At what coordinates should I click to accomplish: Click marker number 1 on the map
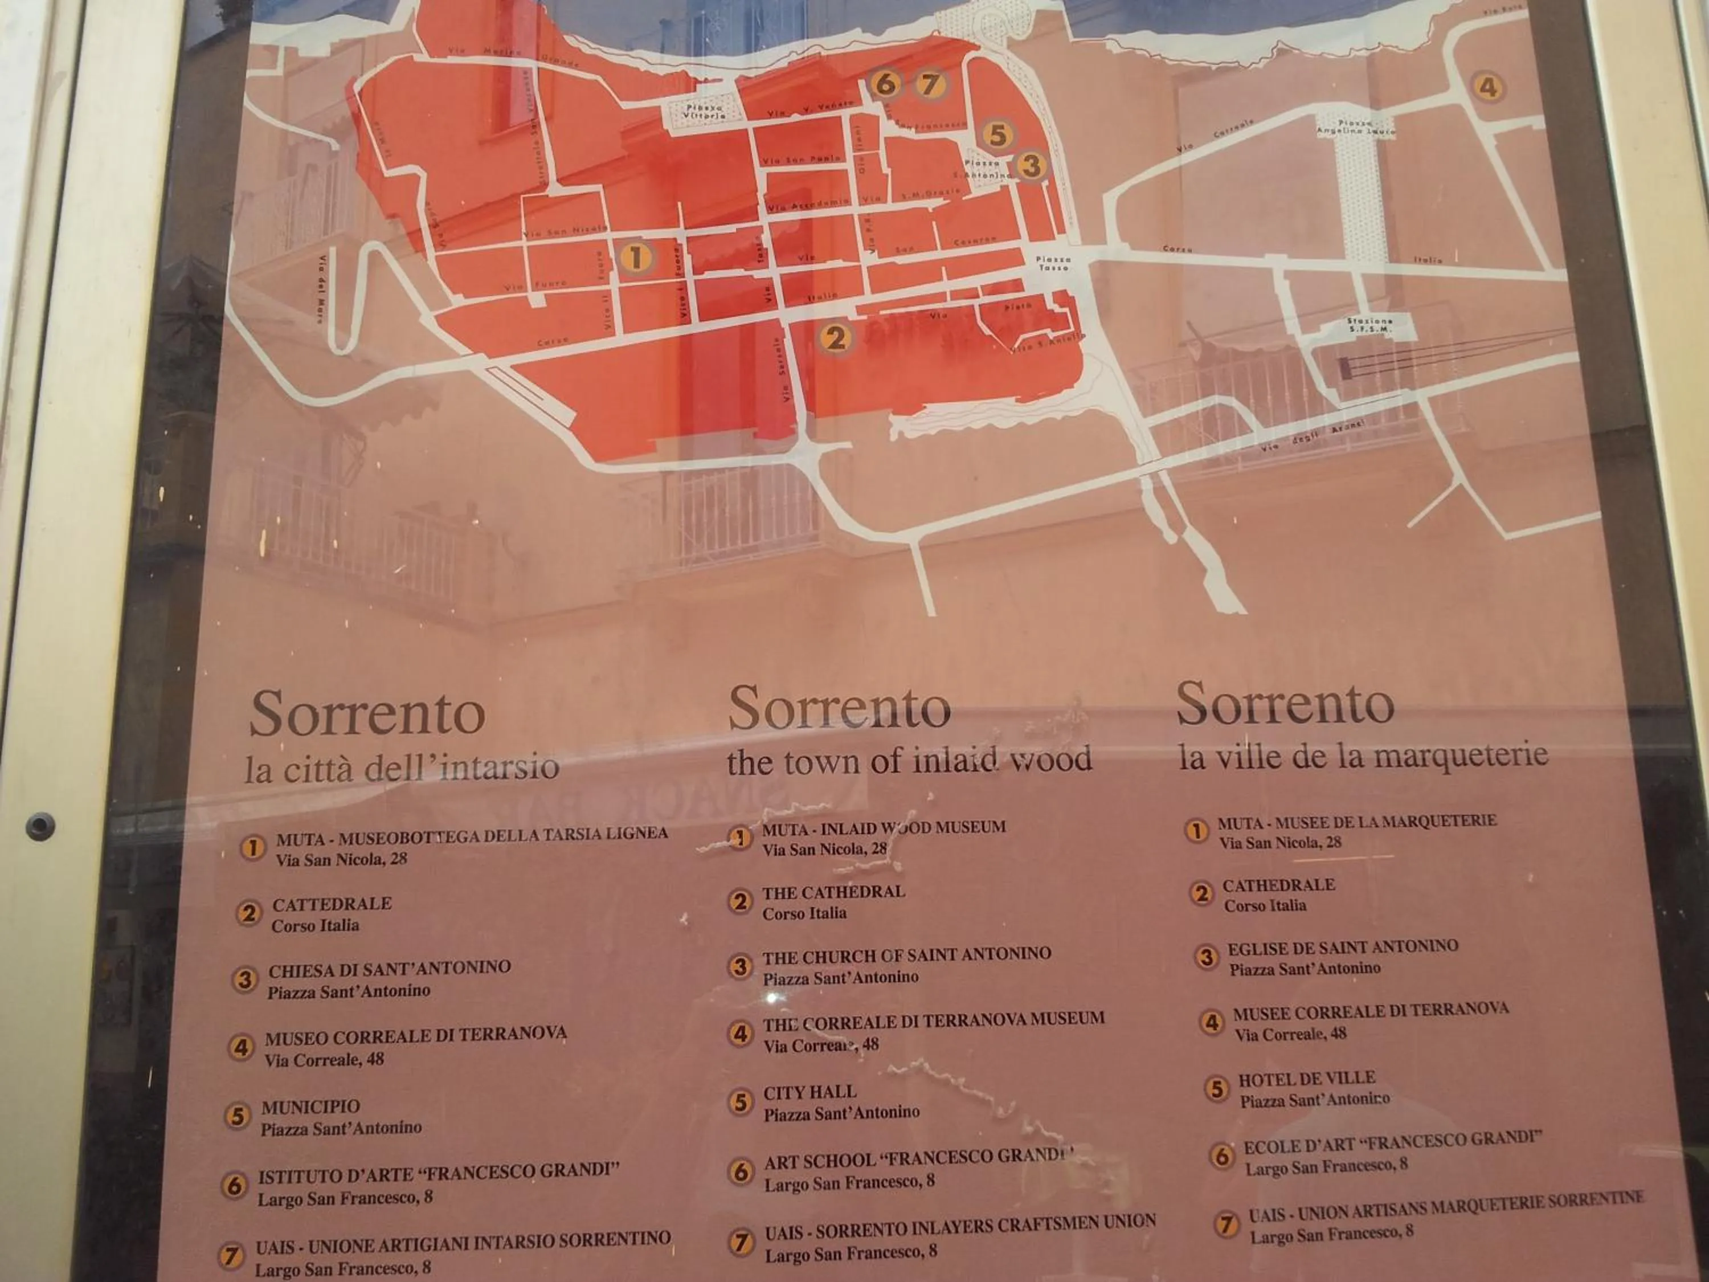tap(635, 258)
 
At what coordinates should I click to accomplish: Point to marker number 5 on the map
tap(997, 135)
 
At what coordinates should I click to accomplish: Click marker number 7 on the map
tap(930, 83)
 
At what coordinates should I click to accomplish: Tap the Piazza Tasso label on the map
tap(1053, 263)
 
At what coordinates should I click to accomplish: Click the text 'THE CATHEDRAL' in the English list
tap(833, 892)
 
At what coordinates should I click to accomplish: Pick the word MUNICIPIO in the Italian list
tap(310, 1107)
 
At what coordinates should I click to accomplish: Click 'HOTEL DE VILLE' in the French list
tap(1306, 1078)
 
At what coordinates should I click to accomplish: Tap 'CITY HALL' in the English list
tap(809, 1092)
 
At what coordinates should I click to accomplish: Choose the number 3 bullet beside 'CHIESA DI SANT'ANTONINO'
tap(244, 980)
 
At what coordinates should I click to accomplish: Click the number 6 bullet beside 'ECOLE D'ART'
tap(1221, 1156)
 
